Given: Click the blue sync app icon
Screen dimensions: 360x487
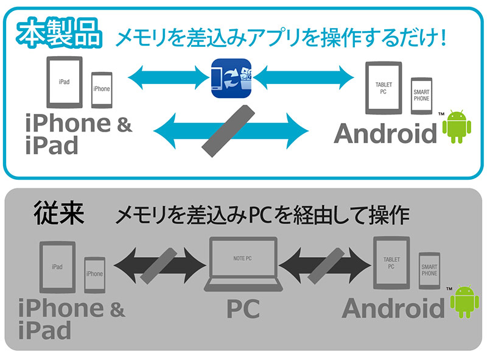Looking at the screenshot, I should (x=231, y=77).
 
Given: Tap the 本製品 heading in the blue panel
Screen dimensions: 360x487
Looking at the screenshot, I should (x=59, y=35).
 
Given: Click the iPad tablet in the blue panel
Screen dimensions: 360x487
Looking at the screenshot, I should (x=64, y=83).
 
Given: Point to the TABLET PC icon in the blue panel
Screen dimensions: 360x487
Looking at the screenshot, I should (x=383, y=88).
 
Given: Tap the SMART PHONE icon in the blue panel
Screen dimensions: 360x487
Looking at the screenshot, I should (x=421, y=96).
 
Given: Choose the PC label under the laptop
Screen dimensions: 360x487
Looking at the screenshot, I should (x=243, y=308).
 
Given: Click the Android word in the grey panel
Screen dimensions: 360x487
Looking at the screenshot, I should (x=392, y=308).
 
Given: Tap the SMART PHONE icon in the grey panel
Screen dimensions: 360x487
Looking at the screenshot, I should (x=429, y=272).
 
